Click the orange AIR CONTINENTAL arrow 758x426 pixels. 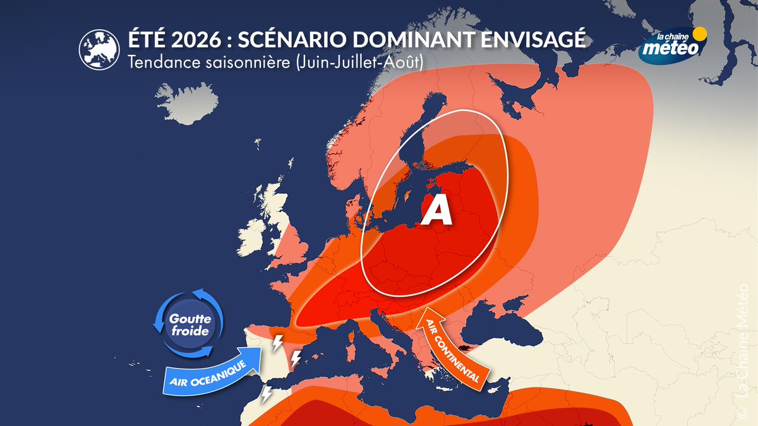tap(451, 346)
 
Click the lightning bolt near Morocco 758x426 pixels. tap(267, 394)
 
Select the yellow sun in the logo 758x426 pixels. tap(699, 33)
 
